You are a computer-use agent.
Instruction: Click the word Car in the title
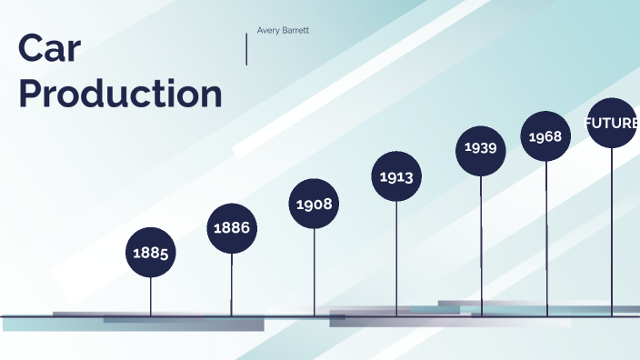click(x=49, y=49)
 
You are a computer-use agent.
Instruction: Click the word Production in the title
click(x=120, y=94)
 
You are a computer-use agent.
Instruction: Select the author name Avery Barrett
click(x=283, y=30)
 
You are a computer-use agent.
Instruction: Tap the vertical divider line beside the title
click(x=246, y=49)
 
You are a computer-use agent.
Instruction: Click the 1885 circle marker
click(x=151, y=253)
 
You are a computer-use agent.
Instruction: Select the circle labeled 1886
click(x=232, y=227)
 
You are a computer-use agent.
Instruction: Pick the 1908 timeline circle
click(x=315, y=204)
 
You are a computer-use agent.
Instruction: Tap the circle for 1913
click(x=396, y=176)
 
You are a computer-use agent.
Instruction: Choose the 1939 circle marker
click(x=481, y=147)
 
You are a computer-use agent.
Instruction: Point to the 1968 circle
click(x=545, y=136)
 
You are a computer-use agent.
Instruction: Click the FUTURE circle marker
click(x=612, y=123)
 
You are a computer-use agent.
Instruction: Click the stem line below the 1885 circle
click(x=151, y=296)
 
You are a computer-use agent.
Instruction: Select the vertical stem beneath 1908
click(x=315, y=272)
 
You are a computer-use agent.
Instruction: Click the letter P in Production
click(x=31, y=94)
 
